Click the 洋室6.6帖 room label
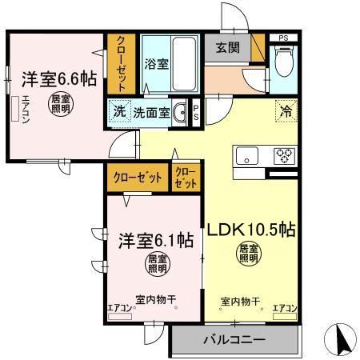click(x=58, y=78)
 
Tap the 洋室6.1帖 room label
click(x=156, y=239)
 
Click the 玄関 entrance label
click(x=227, y=48)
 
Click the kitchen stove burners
click(x=285, y=154)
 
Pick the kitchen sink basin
click(x=245, y=154)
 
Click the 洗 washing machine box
click(x=118, y=112)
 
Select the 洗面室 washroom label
click(x=150, y=113)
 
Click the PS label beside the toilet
click(x=283, y=38)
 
